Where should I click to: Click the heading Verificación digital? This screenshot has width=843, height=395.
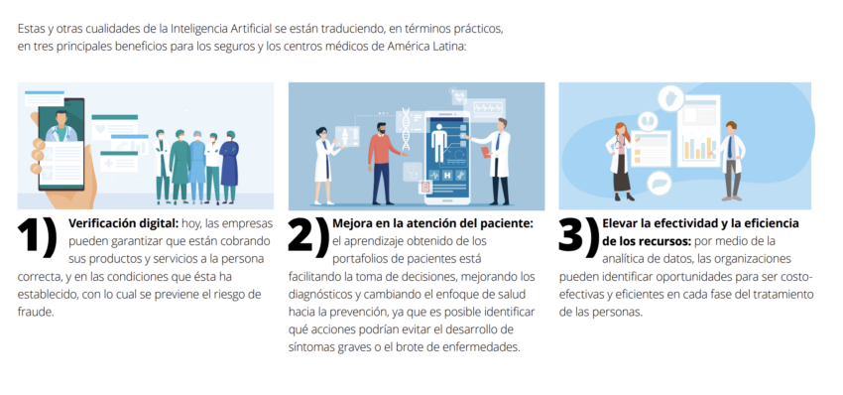coord(124,223)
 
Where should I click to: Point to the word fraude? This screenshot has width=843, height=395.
coord(36,312)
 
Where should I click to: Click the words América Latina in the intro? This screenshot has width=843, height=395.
coord(425,47)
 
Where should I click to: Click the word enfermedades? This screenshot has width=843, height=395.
coord(486,347)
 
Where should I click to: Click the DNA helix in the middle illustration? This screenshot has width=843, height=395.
coord(406,129)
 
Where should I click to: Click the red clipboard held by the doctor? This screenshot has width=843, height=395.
coord(486,152)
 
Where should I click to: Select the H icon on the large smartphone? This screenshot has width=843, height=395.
coord(447,175)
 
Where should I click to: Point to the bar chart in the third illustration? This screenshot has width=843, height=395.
coord(700,147)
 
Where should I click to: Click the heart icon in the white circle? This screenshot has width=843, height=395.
coord(671,98)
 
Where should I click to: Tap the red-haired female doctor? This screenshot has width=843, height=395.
coord(621,162)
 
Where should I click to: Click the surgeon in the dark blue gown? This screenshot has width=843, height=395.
coord(229,167)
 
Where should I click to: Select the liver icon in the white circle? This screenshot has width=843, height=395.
coord(660,184)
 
